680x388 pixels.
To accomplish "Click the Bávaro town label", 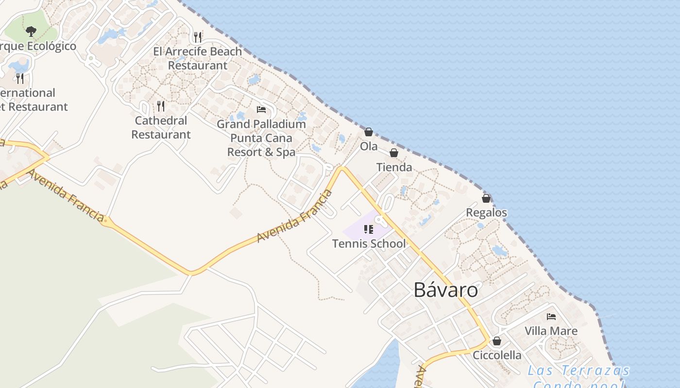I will [x=445, y=290].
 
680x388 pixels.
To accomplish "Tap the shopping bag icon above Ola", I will [x=369, y=132].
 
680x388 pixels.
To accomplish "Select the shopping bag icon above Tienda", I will [x=394, y=153].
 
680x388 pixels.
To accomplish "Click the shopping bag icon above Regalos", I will [x=486, y=198].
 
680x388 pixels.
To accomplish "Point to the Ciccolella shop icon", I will [x=496, y=341].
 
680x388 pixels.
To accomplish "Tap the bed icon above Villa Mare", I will [x=551, y=317].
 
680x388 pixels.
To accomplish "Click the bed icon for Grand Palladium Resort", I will [x=261, y=110].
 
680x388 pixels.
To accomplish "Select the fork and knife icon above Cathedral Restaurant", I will [x=161, y=106].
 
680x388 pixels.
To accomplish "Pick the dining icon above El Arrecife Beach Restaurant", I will [x=197, y=36].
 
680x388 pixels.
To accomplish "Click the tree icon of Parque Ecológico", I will [x=31, y=32].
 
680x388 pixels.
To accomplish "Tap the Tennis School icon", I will [x=369, y=229].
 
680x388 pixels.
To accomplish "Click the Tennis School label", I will [x=369, y=243].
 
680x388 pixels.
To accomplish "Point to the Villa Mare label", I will [x=551, y=331].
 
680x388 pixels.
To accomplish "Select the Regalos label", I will [x=486, y=213].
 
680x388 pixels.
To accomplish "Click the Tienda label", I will [x=394, y=167].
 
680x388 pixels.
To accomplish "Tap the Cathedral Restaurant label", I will [x=161, y=128].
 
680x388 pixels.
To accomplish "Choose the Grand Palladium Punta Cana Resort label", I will [x=261, y=138].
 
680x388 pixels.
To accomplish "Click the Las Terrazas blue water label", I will [x=579, y=371].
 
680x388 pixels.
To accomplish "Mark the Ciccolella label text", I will [x=497, y=355].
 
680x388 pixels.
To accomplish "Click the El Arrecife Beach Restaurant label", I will [x=197, y=58].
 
